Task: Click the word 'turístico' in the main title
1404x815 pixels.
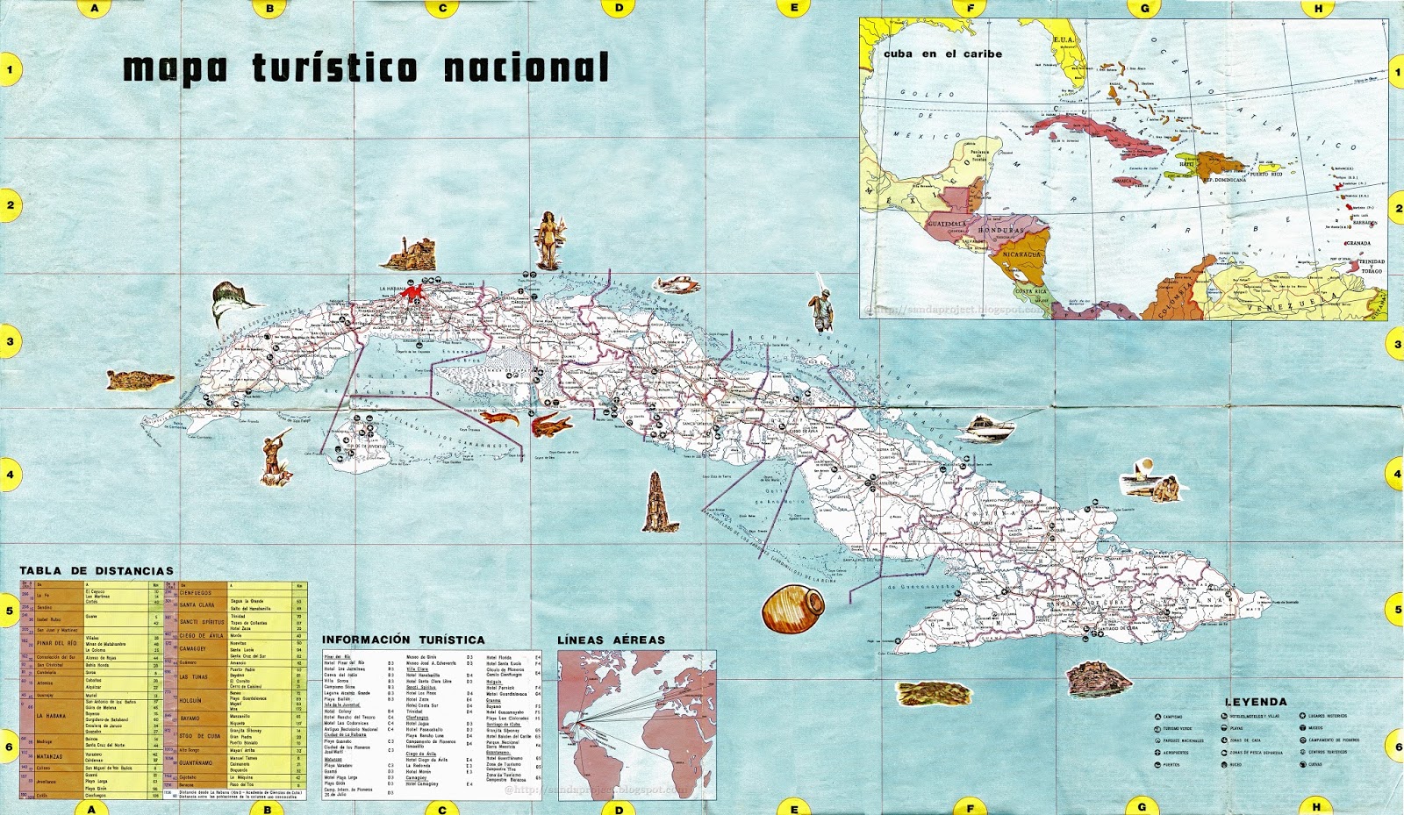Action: click(335, 68)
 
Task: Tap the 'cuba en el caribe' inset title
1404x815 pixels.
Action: click(942, 54)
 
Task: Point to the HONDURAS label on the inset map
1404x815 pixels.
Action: click(1000, 230)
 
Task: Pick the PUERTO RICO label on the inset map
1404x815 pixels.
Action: click(1264, 174)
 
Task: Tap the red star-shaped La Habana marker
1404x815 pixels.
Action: click(412, 294)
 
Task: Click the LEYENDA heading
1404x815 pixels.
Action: click(1256, 702)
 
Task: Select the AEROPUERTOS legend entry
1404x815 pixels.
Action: click(1176, 753)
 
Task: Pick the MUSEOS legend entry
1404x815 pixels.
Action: click(1315, 728)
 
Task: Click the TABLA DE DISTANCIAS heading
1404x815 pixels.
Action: click(97, 571)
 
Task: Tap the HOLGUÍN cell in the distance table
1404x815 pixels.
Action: click(191, 700)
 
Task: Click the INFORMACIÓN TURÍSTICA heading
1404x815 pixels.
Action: click(403, 640)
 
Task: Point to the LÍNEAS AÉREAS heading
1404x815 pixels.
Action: click(611, 640)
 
